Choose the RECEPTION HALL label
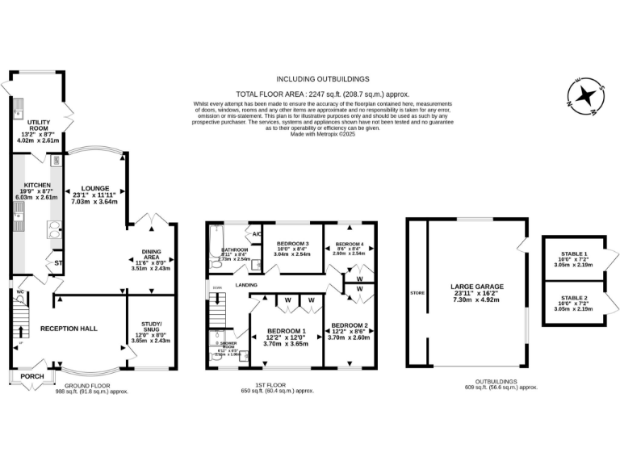click(69, 329)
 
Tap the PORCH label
click(32, 376)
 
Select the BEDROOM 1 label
click(287, 331)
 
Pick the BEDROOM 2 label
click(350, 326)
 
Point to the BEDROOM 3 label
click(293, 244)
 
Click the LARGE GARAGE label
click(476, 287)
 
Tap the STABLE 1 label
click(575, 254)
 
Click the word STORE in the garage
click(417, 293)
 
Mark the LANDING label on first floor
click(246, 285)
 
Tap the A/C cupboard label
click(256, 234)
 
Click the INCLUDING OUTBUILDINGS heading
click(322, 79)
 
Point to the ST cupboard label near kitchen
click(58, 263)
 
